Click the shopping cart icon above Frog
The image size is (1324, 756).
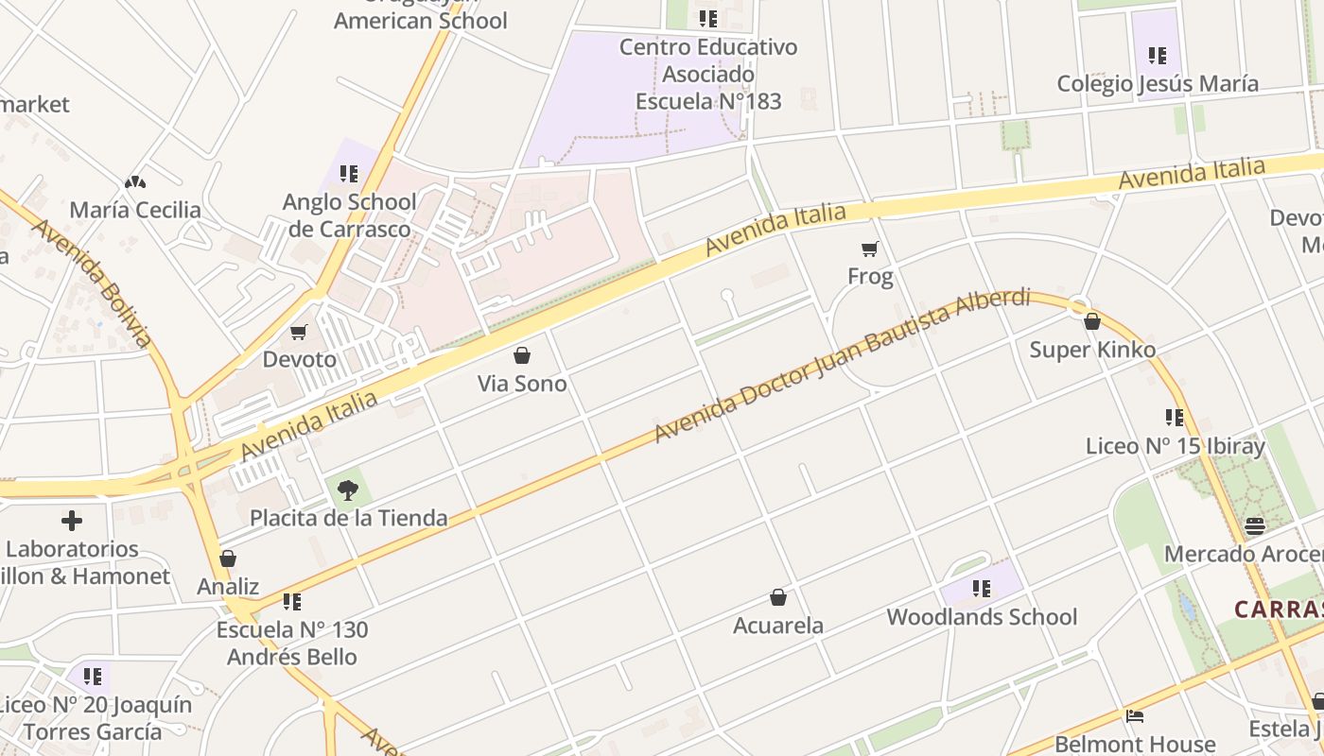[x=869, y=249]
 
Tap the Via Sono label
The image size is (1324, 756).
[x=522, y=384]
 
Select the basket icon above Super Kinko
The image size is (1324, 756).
[x=1091, y=322]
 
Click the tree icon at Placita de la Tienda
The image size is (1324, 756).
[x=348, y=490]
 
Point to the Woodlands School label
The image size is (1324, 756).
[x=982, y=617]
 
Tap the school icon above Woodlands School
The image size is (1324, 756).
[x=982, y=589]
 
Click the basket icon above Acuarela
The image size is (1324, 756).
[x=778, y=597]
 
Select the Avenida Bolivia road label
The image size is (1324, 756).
[x=92, y=283]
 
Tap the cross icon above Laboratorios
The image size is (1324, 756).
[x=72, y=521]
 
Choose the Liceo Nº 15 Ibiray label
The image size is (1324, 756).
[x=1175, y=446]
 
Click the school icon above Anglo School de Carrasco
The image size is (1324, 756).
[x=349, y=174]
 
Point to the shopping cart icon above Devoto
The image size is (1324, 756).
[x=299, y=332]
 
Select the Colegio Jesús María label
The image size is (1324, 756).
[x=1158, y=83]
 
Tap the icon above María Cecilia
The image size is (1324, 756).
[x=135, y=181]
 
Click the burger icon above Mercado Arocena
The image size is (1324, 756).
[x=1255, y=525]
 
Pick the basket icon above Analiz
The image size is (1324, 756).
[x=228, y=558]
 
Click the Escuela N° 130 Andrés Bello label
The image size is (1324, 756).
[x=292, y=643]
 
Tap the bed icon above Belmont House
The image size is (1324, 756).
[x=1135, y=715]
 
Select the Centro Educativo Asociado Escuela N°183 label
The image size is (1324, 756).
[x=708, y=74]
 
